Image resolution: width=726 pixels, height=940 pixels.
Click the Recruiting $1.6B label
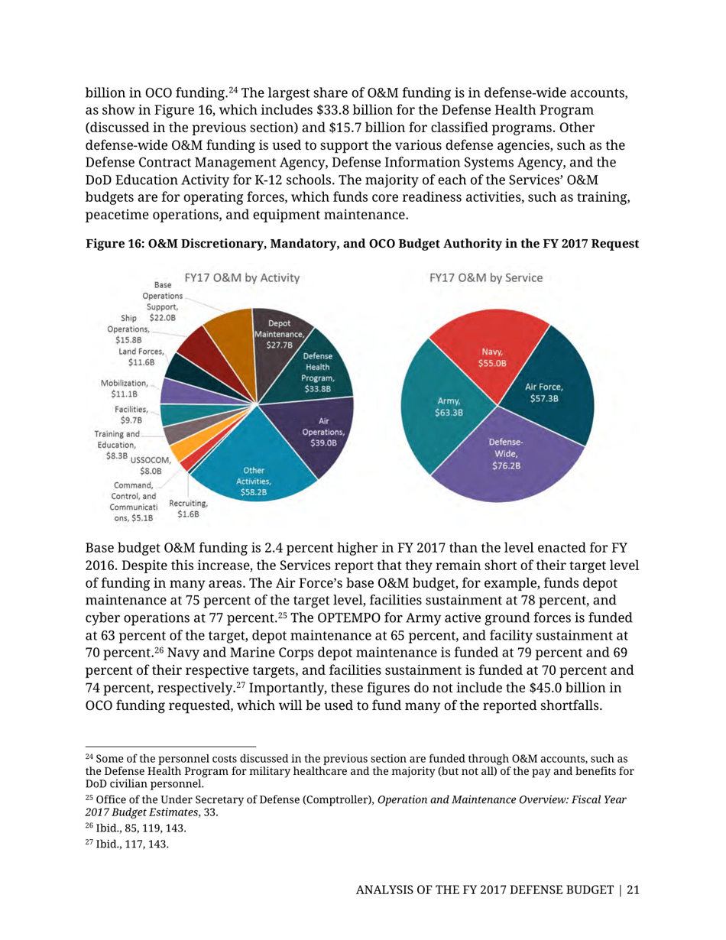[188, 509]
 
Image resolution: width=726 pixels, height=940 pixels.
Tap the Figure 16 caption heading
[362, 242]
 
